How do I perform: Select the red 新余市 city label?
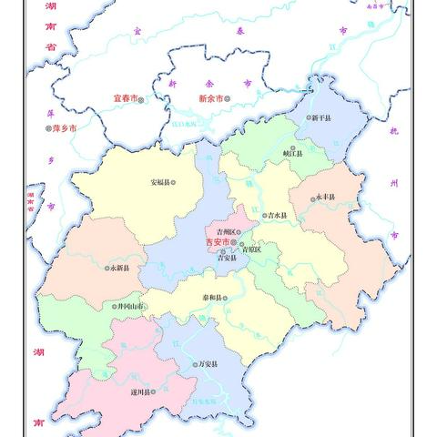click(209, 97)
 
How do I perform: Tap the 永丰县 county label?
click(325, 197)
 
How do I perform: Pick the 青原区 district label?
click(251, 249)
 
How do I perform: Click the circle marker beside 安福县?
click(175, 181)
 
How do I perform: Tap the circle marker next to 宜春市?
click(142, 98)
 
